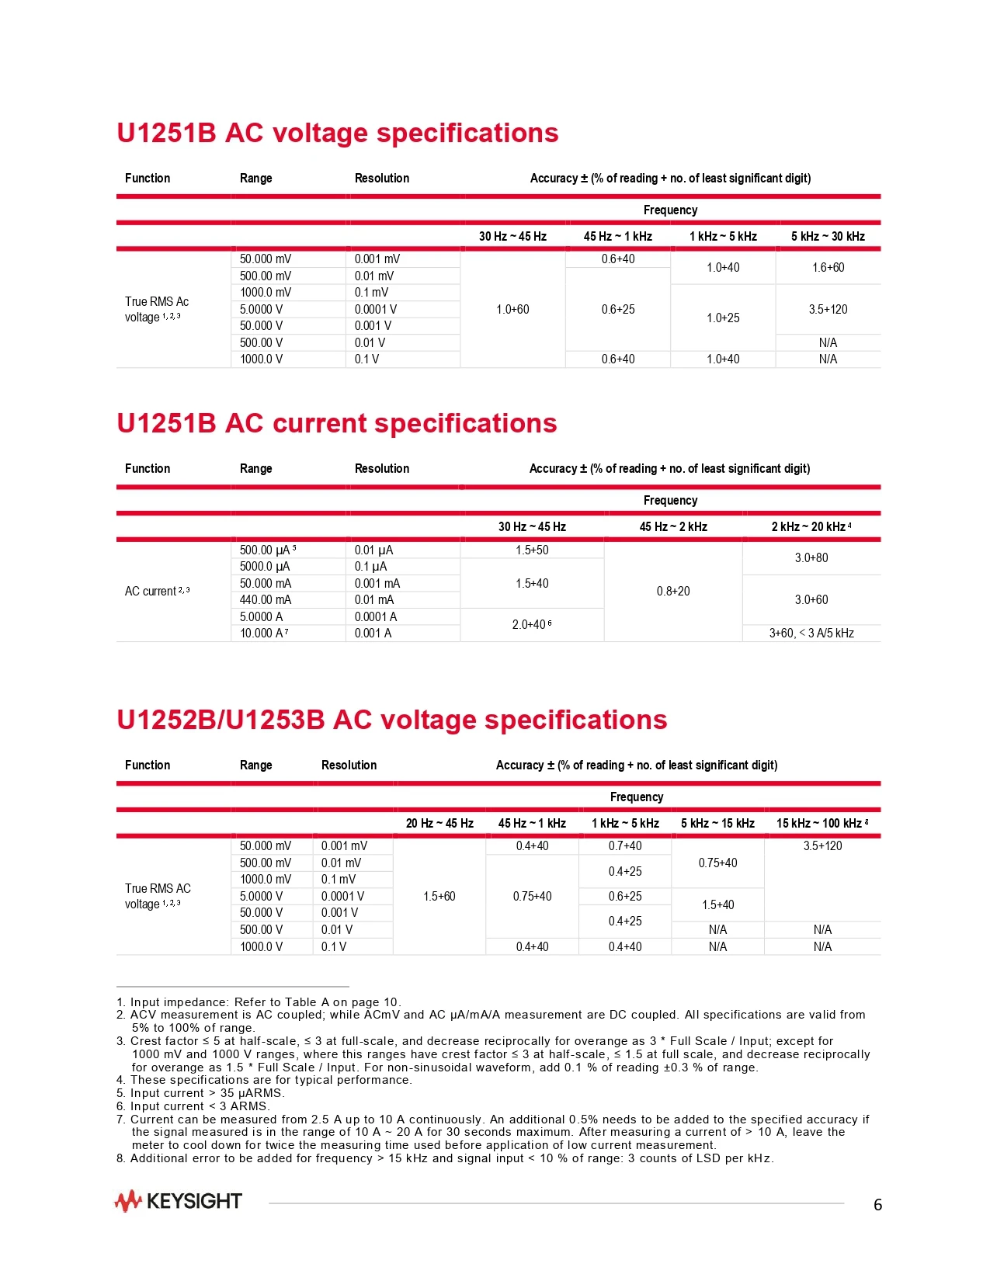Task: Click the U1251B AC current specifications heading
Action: pos(336,423)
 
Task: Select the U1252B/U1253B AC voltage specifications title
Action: pos(391,720)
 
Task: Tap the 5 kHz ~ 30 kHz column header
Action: pos(828,236)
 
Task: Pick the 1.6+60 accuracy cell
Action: pos(828,268)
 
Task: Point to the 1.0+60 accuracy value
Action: pos(512,310)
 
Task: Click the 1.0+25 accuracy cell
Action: pos(723,318)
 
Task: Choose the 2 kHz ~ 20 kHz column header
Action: pos(811,526)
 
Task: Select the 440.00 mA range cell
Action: pos(266,599)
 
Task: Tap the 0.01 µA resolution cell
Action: pos(373,550)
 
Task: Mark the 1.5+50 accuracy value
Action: pos(532,550)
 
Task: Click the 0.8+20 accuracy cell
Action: pos(673,592)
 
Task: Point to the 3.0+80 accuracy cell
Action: pos(811,558)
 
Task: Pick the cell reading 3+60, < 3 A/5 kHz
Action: pos(811,634)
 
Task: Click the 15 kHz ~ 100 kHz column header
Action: pos(822,823)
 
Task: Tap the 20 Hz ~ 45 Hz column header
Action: pos(439,823)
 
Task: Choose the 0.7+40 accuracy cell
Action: pos(625,846)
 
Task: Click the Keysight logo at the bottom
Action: pos(178,1201)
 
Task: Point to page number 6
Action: pos(877,1205)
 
